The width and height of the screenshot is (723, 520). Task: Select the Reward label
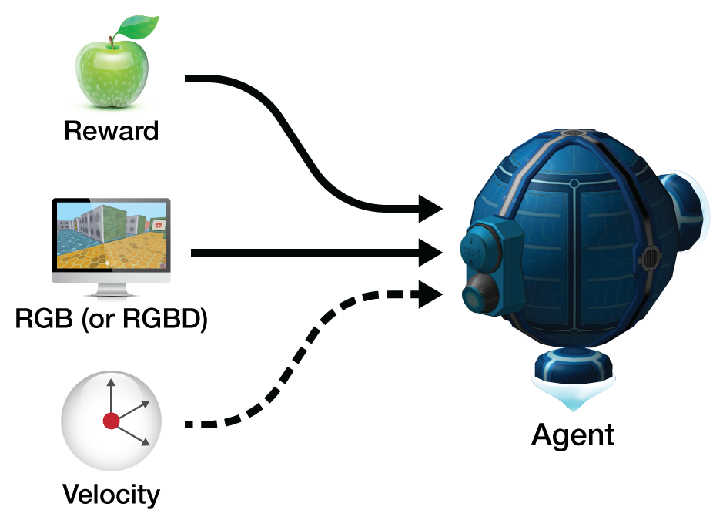(x=111, y=130)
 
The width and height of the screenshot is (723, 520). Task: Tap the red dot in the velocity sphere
(x=111, y=421)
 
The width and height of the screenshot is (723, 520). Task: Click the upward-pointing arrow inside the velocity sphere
(x=110, y=389)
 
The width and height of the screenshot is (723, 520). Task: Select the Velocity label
(x=111, y=493)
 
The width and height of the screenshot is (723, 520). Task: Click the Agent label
(x=574, y=434)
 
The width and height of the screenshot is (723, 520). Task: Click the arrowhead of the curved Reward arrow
(x=431, y=207)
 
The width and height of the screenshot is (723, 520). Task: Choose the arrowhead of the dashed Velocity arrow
(x=431, y=294)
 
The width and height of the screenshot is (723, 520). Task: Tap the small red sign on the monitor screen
(x=158, y=224)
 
